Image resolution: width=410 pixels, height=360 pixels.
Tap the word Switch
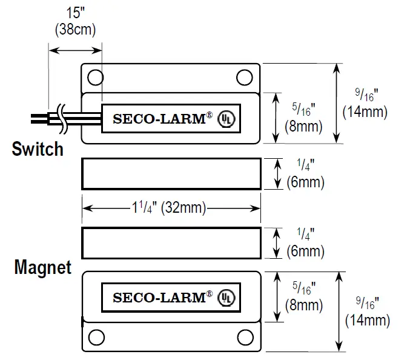pyautogui.click(x=38, y=149)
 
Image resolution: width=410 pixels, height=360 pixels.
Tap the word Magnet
pyautogui.click(x=42, y=267)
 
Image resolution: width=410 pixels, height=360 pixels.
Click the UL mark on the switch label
pyautogui.click(x=226, y=119)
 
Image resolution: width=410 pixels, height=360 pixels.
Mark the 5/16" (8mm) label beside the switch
pyautogui.click(x=303, y=118)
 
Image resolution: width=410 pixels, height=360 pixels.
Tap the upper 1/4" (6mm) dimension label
pyautogui.click(x=305, y=173)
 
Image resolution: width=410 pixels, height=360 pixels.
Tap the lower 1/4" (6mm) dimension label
pyautogui.click(x=305, y=242)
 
